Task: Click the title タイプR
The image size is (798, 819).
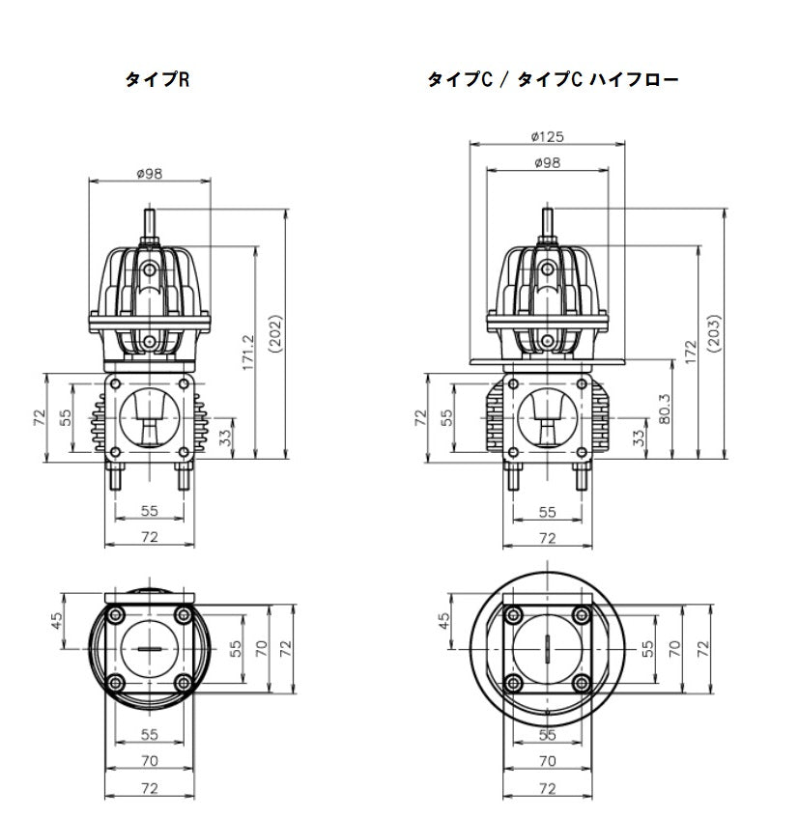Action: [157, 81]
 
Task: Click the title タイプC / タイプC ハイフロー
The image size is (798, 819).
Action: [552, 81]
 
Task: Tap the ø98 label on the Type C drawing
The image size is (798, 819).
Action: [547, 162]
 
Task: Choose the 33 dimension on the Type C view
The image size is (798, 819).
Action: [639, 437]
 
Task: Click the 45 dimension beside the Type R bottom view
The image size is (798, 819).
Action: [57, 620]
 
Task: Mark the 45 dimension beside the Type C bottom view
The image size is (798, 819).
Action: [444, 620]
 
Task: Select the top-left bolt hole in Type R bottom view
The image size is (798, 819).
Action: [116, 615]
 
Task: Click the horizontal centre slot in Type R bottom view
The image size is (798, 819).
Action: [149, 650]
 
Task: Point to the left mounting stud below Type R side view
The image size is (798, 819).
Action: [118, 476]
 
